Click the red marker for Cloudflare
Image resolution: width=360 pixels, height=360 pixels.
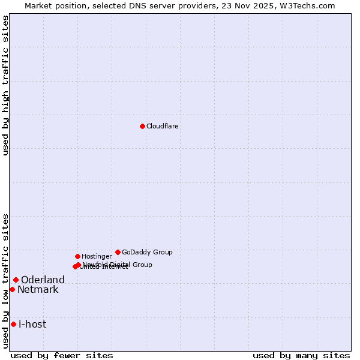pos(142,126)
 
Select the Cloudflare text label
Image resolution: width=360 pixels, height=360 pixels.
pos(163,126)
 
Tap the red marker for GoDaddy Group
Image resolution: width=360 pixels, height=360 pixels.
pos(118,252)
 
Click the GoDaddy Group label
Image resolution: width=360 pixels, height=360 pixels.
pos(147,252)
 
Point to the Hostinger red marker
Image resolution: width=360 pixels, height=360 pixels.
pos(77,256)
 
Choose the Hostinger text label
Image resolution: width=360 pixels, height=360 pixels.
pos(97,256)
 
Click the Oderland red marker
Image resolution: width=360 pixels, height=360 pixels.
pos(16,280)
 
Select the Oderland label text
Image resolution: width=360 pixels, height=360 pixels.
pos(43,280)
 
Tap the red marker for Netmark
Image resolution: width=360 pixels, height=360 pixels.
pos(12,289)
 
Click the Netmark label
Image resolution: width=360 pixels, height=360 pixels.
pos(38,290)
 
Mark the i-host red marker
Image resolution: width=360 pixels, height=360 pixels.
pos(13,324)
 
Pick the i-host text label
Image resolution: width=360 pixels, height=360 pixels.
pos(32,325)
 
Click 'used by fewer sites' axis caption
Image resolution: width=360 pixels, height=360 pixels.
pos(62,355)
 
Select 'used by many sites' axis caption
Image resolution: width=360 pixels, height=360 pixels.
pos(301,355)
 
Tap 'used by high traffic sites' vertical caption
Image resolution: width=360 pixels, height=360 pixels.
pos(5,85)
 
